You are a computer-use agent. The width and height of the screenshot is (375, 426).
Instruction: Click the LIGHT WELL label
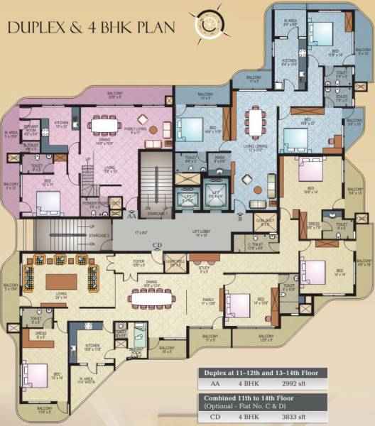pos(175,263)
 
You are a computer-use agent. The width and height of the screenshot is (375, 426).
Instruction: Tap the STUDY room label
pos(203,268)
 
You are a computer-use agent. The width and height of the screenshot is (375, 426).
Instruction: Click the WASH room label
pos(218,160)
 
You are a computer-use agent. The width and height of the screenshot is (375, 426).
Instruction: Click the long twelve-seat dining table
pos(161,298)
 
